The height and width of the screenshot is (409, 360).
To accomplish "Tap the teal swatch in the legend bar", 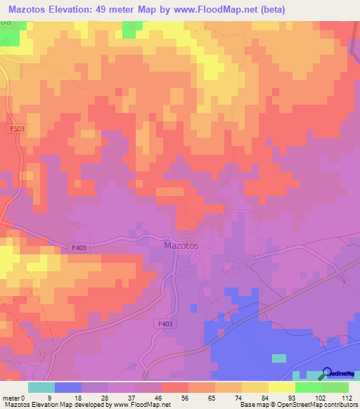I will pos(41,387).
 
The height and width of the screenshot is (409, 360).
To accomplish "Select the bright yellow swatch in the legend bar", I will pos(282,387).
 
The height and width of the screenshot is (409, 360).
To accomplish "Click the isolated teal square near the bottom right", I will pos(279,358).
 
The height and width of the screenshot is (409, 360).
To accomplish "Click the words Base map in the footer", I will pos(253,405).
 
